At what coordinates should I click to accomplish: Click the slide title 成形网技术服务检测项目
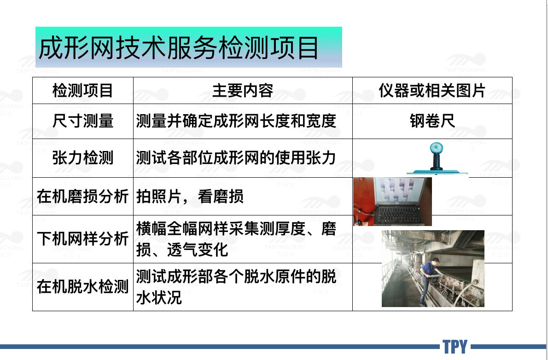click(x=178, y=47)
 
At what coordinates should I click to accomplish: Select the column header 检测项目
click(x=82, y=91)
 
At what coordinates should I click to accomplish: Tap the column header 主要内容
click(x=243, y=91)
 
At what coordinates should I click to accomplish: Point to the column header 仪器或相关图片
click(x=432, y=91)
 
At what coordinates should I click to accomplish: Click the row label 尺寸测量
click(x=82, y=121)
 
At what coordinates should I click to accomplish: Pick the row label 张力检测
click(x=82, y=157)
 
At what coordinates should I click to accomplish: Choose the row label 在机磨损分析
click(x=82, y=196)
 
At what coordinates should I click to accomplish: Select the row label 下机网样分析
click(x=82, y=239)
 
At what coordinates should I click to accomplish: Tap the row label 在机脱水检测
click(x=82, y=287)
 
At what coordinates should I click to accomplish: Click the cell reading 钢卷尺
click(x=432, y=121)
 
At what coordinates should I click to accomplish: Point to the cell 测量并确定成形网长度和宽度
click(x=236, y=121)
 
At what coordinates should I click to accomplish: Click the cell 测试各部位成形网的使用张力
click(x=236, y=157)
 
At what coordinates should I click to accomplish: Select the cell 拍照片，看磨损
click(x=190, y=196)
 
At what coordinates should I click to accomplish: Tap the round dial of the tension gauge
click(x=436, y=147)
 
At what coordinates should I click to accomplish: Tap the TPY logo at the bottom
click(x=455, y=347)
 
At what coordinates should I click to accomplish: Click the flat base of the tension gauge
click(x=437, y=172)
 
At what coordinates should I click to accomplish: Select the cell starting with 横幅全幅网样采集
click(x=236, y=239)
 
